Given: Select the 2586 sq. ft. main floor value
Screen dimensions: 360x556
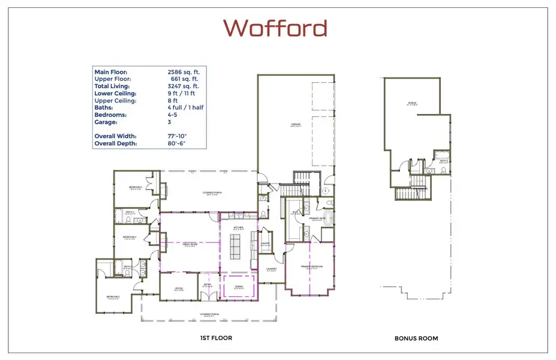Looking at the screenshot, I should click(182, 72).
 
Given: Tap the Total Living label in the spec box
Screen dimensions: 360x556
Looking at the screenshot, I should click(111, 86).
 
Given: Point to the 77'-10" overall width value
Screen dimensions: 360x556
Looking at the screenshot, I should click(177, 136).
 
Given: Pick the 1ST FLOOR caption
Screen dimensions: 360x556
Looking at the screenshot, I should click(216, 338).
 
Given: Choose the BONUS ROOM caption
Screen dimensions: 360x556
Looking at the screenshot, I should click(416, 338).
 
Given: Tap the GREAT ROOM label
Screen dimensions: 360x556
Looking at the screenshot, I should click(190, 244).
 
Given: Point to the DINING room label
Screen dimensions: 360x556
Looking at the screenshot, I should click(239, 287).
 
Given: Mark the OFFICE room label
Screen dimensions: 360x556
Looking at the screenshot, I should click(178, 289).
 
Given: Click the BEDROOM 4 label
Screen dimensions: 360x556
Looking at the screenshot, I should click(136, 187).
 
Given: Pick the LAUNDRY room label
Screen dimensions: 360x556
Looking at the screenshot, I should click(271, 269).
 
